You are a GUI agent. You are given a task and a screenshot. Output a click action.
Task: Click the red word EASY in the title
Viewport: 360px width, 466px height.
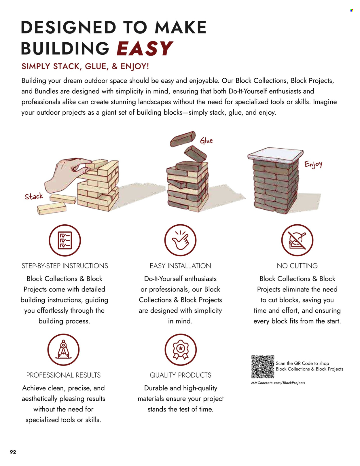click(x=145, y=48)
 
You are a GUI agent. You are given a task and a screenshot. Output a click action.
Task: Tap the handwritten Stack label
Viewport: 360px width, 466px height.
click(x=34, y=196)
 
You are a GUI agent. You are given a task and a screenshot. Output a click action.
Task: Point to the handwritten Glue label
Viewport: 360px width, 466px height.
click(x=206, y=141)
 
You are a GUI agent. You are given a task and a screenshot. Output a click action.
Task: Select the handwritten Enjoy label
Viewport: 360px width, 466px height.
click(x=313, y=164)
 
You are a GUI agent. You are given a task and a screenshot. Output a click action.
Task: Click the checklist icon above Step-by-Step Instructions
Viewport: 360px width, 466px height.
click(x=65, y=240)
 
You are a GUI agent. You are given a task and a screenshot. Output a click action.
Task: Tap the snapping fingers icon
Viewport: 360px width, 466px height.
click(x=180, y=240)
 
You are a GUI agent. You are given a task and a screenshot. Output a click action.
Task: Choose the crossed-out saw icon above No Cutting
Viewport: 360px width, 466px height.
click(x=297, y=240)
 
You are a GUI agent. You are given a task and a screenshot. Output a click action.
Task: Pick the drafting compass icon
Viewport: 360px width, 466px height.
click(x=63, y=350)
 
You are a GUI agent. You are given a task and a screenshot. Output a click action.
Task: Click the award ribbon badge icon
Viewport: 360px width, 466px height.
click(x=181, y=350)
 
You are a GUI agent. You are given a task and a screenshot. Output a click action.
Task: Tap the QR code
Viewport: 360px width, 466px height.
click(x=263, y=367)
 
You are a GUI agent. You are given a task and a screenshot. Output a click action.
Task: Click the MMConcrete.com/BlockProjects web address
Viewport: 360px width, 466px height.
click(x=278, y=383)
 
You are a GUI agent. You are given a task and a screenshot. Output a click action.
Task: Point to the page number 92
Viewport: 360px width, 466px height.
click(x=13, y=452)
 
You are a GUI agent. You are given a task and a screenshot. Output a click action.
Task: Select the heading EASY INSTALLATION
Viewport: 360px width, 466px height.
click(x=180, y=266)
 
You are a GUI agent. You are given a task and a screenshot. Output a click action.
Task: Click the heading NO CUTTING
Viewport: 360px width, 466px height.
click(x=297, y=266)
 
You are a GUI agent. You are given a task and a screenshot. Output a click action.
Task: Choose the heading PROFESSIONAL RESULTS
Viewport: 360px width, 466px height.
click(x=63, y=375)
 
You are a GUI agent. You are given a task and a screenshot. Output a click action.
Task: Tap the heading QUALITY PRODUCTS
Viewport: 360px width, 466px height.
click(x=181, y=375)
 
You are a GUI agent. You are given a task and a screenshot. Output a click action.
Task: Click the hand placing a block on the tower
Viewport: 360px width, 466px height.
click(x=67, y=175)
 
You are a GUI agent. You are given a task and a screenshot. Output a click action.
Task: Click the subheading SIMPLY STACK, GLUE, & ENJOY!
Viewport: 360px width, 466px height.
click(x=85, y=67)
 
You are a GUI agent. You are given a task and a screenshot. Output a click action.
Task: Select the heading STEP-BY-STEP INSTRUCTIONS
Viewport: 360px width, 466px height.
click(x=65, y=266)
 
